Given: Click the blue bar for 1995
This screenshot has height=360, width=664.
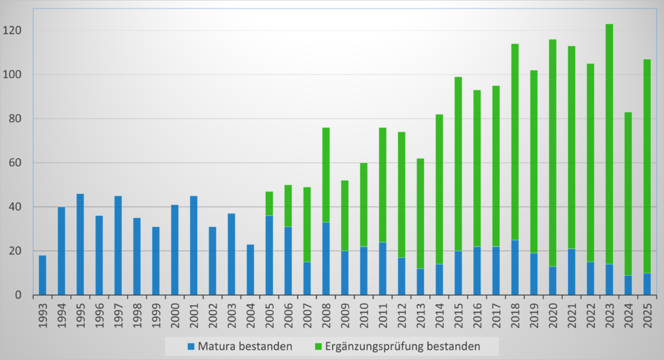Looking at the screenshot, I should (x=80, y=245).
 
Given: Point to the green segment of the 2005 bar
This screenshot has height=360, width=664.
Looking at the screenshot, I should (x=269, y=204).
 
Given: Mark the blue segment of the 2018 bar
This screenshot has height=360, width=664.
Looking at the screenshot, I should (x=516, y=267).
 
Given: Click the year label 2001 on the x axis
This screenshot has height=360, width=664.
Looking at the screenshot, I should (x=194, y=316).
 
